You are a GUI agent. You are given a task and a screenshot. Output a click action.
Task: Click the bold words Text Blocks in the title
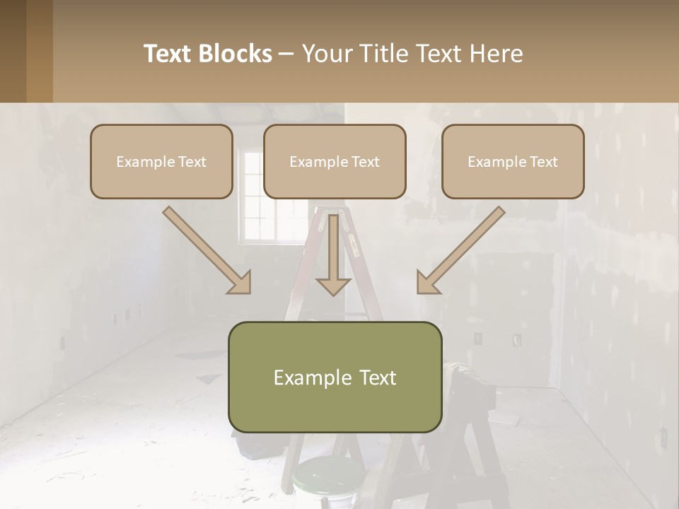207,54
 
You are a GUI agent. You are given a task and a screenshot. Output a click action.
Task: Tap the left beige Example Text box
161,161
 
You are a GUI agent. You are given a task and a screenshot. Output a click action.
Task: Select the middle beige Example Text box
335,161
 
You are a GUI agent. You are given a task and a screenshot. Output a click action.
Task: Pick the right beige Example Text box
513,161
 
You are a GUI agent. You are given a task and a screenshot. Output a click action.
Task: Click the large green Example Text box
335,377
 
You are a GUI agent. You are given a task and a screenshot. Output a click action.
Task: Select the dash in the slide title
286,54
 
